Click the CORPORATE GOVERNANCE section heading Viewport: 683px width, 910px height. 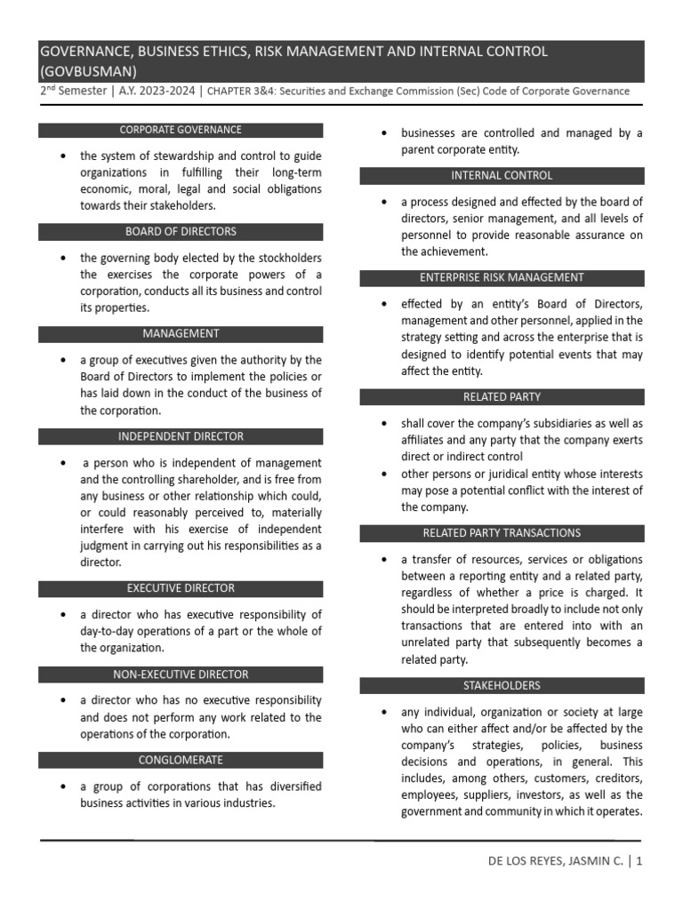click(181, 130)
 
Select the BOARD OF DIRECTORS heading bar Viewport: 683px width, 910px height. click(181, 232)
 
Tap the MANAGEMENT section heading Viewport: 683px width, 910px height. click(181, 334)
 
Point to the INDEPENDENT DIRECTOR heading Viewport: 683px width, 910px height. click(181, 436)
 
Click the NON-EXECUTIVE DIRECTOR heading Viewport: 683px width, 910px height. click(181, 675)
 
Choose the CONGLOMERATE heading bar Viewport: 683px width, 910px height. click(181, 761)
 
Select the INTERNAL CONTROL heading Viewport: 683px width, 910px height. click(502, 176)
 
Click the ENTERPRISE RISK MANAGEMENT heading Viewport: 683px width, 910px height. click(502, 278)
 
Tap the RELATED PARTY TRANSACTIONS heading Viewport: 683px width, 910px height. click(502, 533)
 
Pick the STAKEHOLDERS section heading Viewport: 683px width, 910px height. click(502, 686)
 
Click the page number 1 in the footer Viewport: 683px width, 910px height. click(639, 861)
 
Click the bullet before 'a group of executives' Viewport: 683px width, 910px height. click(62, 361)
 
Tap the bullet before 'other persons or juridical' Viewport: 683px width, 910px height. click(383, 475)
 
